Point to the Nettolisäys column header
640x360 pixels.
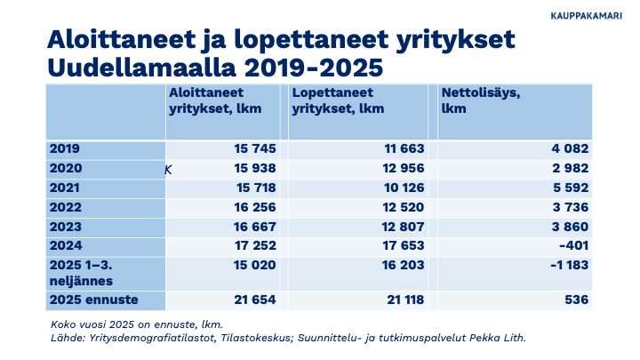pos(481,100)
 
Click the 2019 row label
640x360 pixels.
pos(65,149)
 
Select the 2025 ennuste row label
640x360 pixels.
pos(90,300)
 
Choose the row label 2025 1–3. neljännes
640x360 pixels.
pos(84,273)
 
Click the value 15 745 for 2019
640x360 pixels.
pos(255,149)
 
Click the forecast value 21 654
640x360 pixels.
pos(254,300)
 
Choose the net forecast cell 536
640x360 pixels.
pos(577,300)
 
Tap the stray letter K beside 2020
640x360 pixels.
pos(168,169)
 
